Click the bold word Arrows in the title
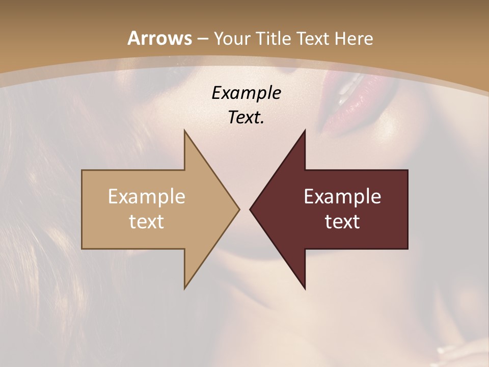(x=159, y=38)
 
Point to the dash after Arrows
(x=202, y=39)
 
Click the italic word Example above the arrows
(x=246, y=93)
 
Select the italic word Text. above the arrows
(x=246, y=117)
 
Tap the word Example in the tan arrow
(x=147, y=197)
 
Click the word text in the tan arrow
(x=147, y=222)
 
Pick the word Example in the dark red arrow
(x=342, y=197)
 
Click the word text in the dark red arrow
(x=342, y=222)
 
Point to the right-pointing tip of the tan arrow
(x=238, y=209)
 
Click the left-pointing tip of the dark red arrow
(x=251, y=209)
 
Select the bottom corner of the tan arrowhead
(x=185, y=288)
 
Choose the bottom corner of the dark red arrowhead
(x=305, y=288)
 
